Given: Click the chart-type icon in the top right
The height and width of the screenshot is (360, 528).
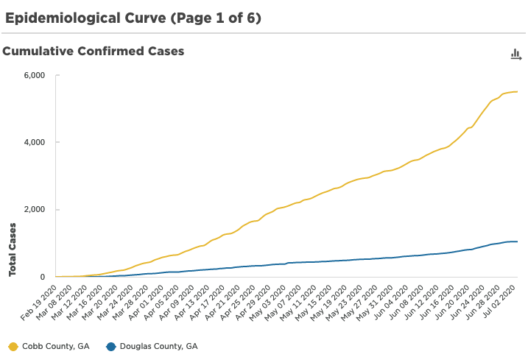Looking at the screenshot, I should coord(515,54).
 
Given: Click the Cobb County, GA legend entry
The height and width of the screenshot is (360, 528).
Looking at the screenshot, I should coord(54,346).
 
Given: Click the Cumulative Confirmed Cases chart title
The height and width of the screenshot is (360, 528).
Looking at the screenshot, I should coord(94,52).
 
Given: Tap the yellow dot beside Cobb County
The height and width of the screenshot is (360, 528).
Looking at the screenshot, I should coord(13,346).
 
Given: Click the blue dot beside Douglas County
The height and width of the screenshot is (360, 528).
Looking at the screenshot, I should coord(110,346).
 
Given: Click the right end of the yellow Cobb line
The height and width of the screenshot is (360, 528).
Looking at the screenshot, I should coord(518,91).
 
